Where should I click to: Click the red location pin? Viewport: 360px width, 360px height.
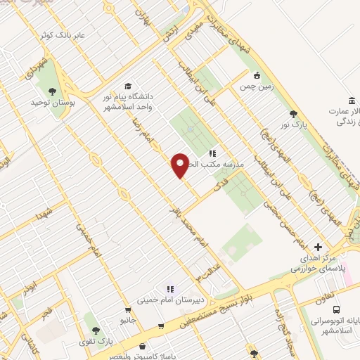181,165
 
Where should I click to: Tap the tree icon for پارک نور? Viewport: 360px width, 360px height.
293,114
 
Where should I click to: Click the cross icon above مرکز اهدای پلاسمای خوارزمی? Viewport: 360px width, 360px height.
319,247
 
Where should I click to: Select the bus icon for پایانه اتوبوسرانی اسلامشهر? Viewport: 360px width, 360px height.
337,309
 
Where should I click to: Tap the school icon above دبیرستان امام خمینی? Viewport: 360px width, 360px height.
169,289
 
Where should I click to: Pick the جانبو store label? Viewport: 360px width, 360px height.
127,320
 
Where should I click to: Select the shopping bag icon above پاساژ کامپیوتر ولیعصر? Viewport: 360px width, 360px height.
143,346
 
